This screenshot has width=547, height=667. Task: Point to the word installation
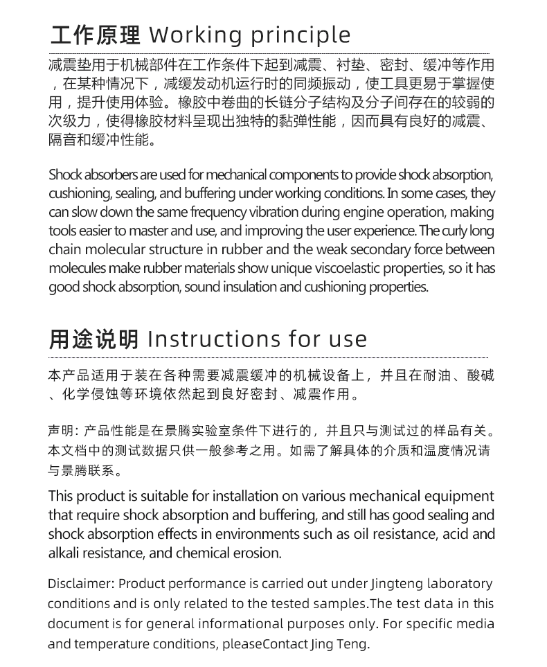click(244, 497)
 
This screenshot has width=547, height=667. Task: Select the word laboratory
click(459, 584)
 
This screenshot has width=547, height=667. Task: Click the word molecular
click(114, 249)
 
